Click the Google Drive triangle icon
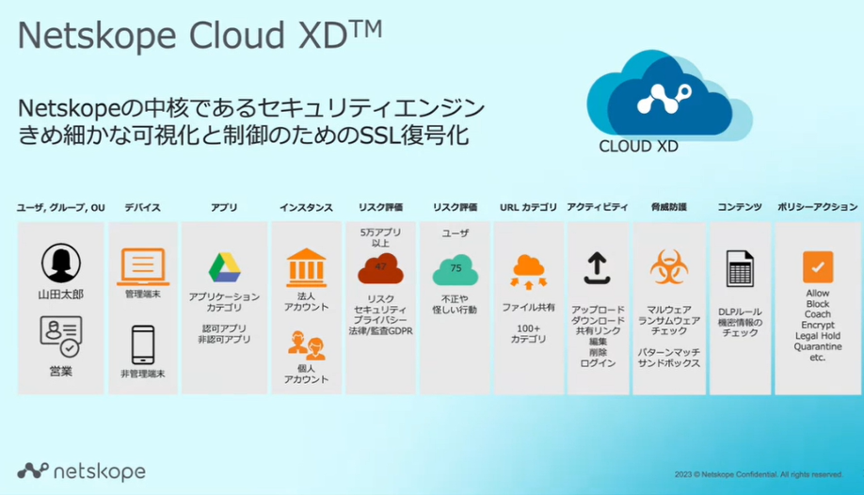pos(224,267)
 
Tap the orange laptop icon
pos(143,267)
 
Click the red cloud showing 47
pos(380,268)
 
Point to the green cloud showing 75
pos(456,271)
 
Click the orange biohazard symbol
pos(669,267)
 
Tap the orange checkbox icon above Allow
pos(817,267)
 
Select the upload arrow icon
pos(597,267)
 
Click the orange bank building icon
pos(306,267)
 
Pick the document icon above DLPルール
pos(740,269)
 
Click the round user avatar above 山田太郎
pos(61,263)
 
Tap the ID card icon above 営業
pos(61,334)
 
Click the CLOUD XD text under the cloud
pos(638,147)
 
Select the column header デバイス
pos(142,207)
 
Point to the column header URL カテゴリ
pos(528,207)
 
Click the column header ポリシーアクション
pos(817,207)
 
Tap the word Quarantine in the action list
pos(817,346)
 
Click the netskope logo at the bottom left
pos(81,471)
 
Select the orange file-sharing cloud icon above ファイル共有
pos(528,270)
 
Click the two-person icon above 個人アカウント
pos(306,344)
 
